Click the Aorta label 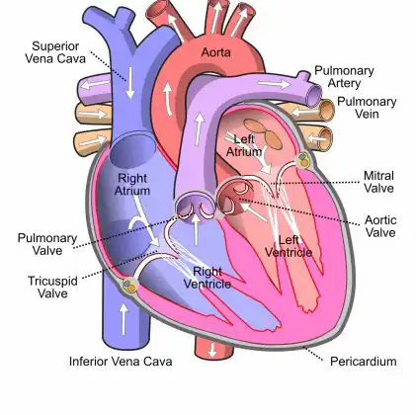(215, 52)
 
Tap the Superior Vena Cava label (55, 52)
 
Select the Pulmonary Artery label (344, 77)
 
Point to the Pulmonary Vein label (367, 108)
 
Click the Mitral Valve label (378, 182)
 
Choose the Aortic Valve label (380, 226)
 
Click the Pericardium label (364, 362)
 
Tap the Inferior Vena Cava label (121, 362)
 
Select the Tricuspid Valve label (52, 287)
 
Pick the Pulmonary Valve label (47, 244)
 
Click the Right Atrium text (132, 185)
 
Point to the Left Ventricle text (289, 246)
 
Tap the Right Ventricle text (208, 278)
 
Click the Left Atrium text (244, 145)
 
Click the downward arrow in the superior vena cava (130, 83)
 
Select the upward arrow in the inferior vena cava (124, 319)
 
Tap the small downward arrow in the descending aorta (212, 350)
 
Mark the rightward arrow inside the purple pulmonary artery (274, 84)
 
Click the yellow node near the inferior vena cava (129, 285)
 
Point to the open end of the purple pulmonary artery (314, 96)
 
